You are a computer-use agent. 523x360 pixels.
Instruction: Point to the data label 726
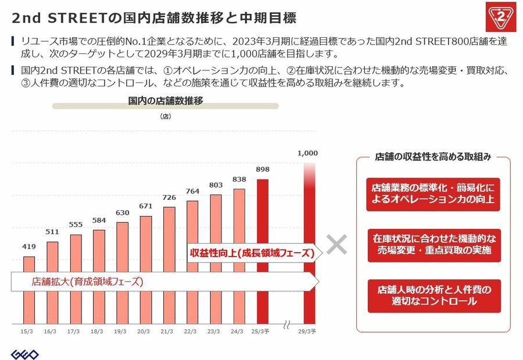(169, 198)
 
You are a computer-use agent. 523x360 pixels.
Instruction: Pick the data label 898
(263, 170)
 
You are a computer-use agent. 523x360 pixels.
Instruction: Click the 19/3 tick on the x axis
(120, 331)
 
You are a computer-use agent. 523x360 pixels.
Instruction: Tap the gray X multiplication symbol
(336, 245)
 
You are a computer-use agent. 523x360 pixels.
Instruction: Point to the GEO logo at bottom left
(25, 354)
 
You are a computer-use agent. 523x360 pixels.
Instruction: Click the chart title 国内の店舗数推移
(166, 101)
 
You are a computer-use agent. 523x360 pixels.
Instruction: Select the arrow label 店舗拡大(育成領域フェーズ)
(87, 282)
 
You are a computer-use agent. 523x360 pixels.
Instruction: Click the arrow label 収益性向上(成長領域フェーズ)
(252, 253)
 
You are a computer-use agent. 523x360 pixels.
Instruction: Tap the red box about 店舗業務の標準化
(433, 194)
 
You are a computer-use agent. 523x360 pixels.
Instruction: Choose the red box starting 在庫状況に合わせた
(433, 244)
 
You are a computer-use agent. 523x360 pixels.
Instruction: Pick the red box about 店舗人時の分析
(433, 295)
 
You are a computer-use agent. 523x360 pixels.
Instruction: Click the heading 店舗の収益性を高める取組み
(433, 157)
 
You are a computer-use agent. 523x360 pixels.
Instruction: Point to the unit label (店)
(165, 117)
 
